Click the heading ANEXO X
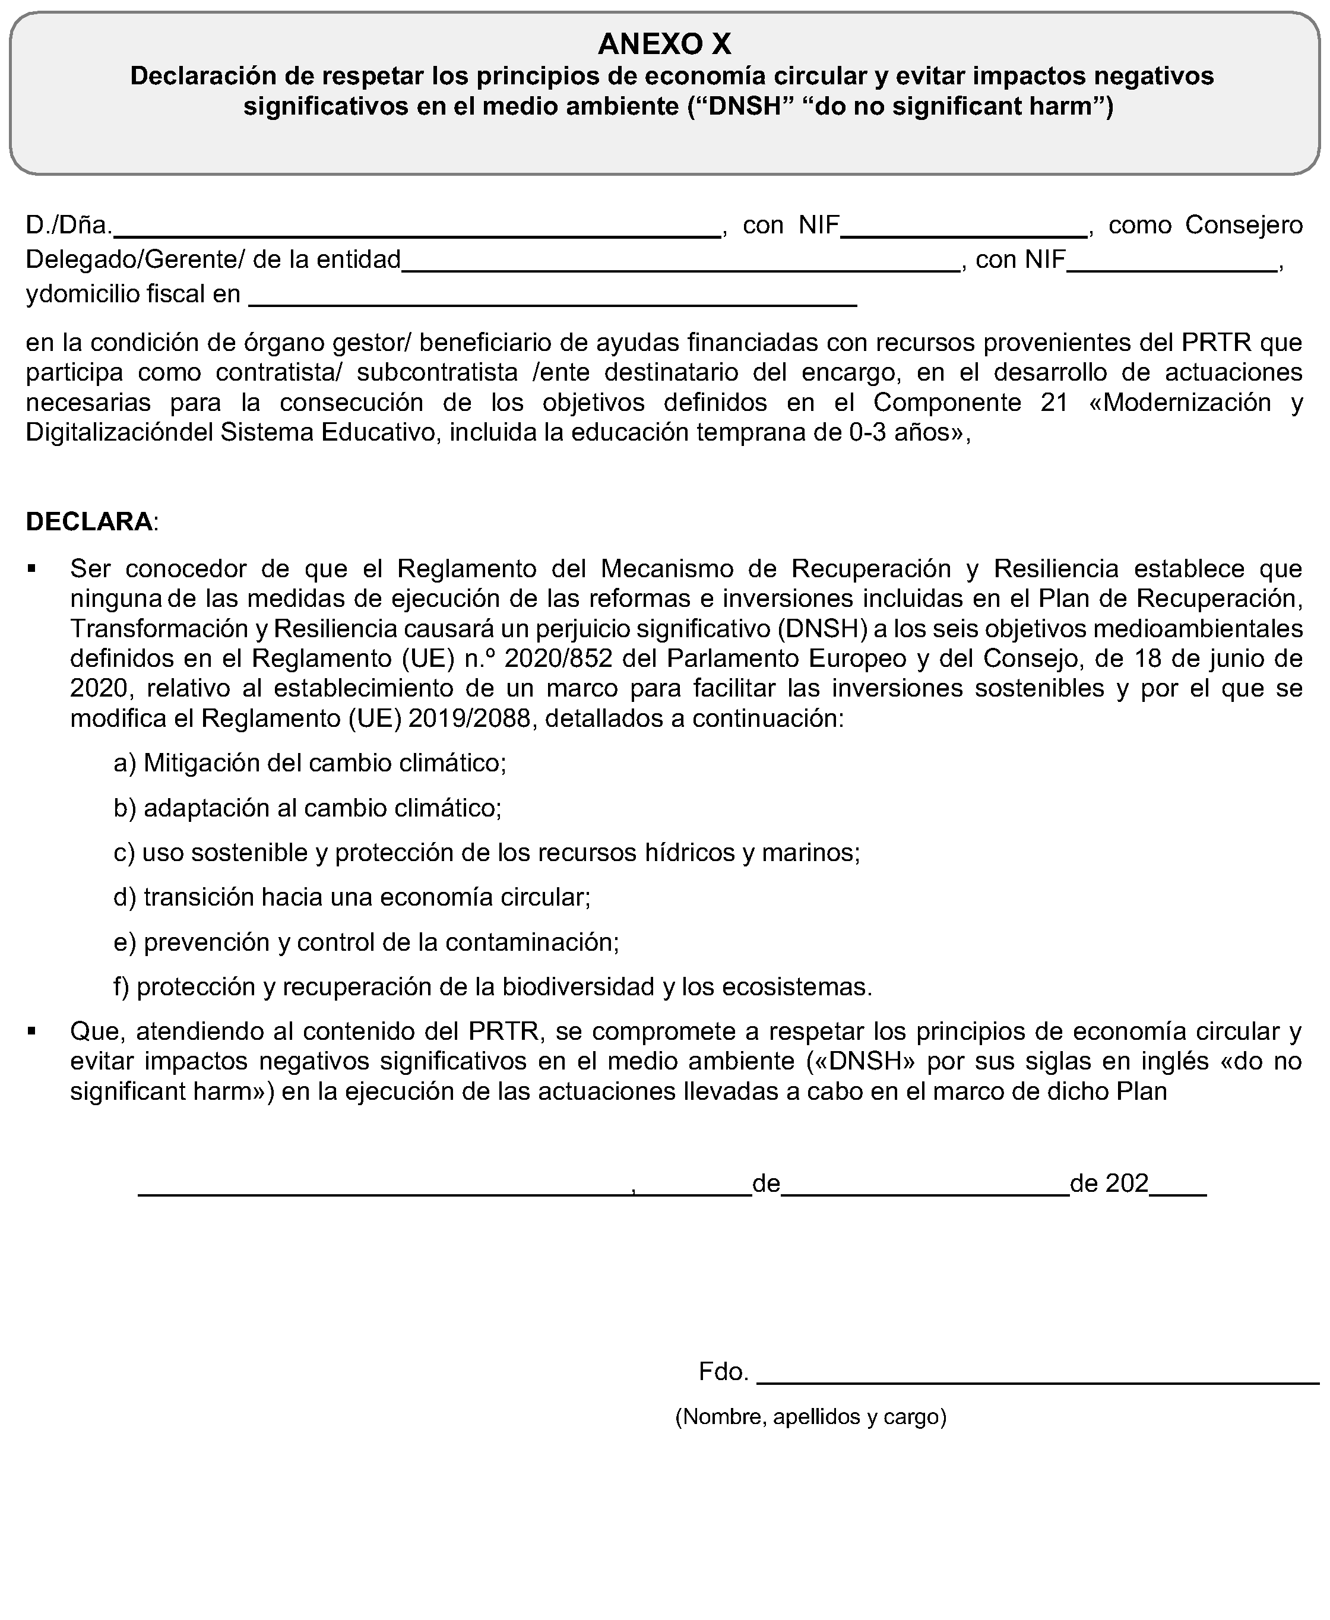(664, 45)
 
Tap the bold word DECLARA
(90, 521)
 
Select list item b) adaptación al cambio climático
(307, 808)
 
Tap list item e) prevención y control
(366, 942)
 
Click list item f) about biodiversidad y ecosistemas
(493, 987)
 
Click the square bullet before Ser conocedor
(31, 569)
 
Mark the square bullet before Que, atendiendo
(31, 1032)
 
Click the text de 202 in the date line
(1109, 1184)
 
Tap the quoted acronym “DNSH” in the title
(742, 106)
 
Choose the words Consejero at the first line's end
(1243, 224)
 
